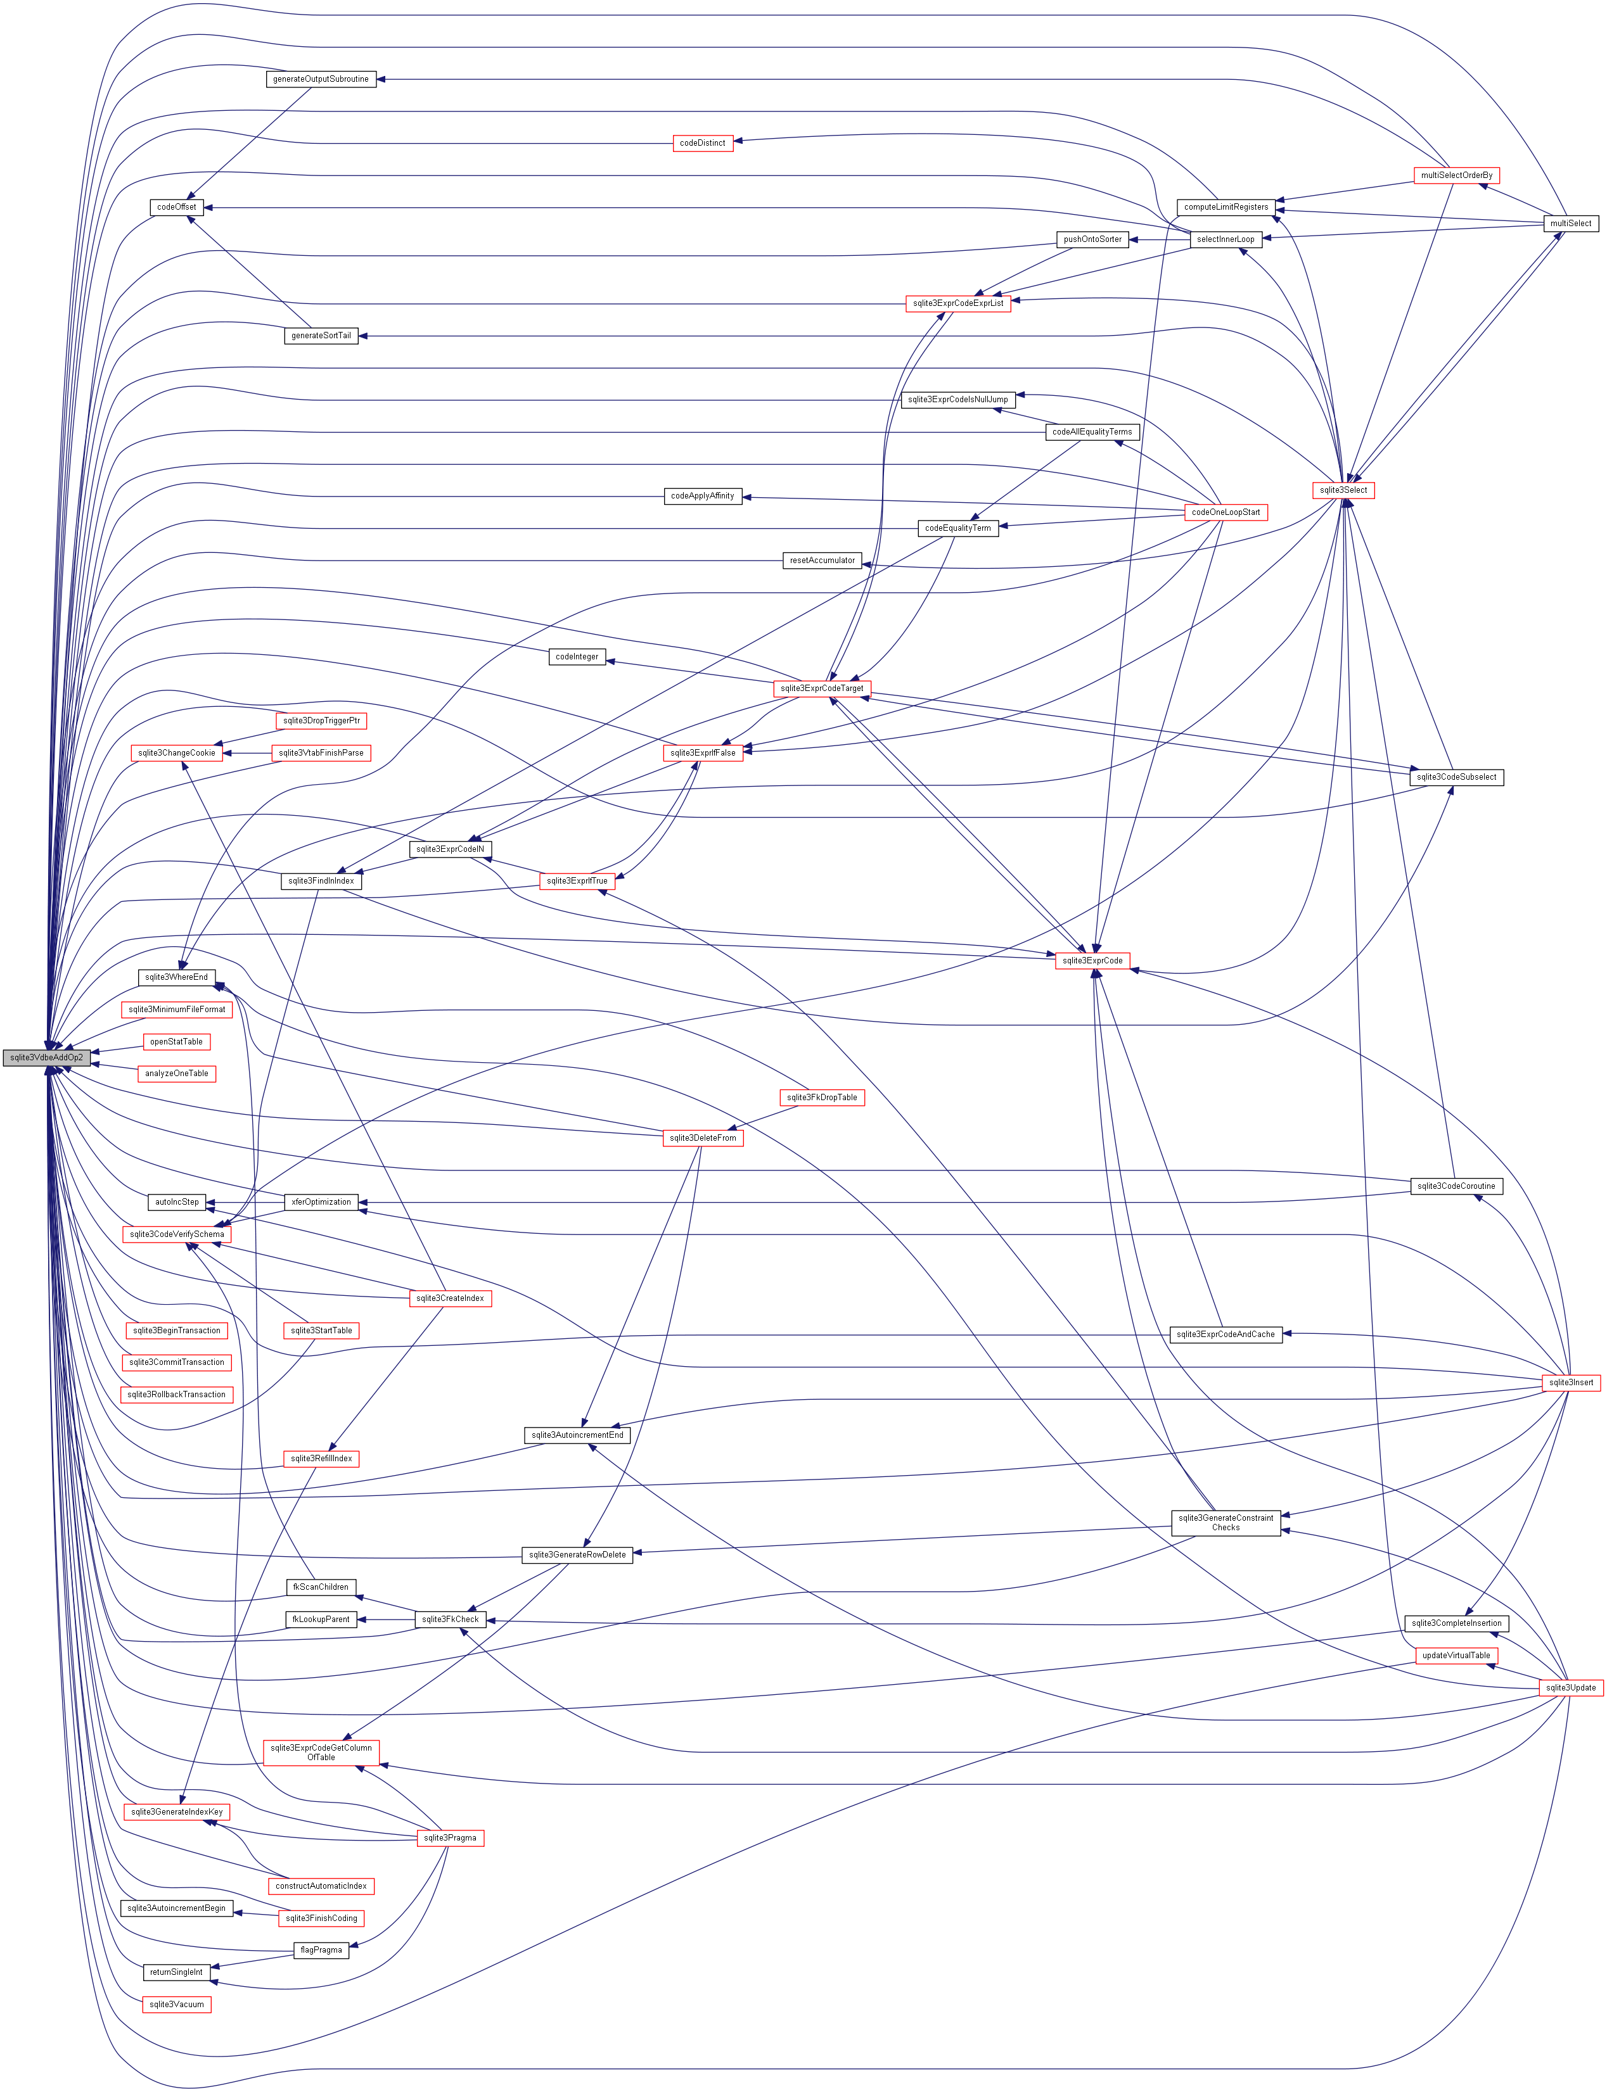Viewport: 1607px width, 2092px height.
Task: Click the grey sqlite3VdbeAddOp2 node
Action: click(46, 1058)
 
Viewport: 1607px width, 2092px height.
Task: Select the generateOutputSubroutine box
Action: click(321, 79)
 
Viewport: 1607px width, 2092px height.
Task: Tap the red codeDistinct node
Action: click(702, 143)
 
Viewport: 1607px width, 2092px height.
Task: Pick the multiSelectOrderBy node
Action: click(1456, 176)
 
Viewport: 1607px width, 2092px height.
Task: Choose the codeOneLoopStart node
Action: click(1226, 512)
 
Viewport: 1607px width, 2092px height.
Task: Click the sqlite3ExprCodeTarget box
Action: click(822, 688)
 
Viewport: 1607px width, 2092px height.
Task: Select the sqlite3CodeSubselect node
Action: click(1456, 777)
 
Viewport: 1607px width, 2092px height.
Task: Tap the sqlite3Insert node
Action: click(1571, 1383)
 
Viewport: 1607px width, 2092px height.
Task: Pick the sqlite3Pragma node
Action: click(449, 1837)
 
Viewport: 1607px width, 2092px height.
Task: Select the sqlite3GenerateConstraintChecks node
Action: click(1226, 1522)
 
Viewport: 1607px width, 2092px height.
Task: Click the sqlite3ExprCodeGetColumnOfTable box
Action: click(321, 1753)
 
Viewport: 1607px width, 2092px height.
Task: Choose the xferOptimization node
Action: click(321, 1202)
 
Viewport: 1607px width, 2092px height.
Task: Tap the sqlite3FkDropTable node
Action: click(822, 1098)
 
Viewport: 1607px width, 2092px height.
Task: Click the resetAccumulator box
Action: click(822, 561)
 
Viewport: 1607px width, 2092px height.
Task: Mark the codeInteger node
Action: click(577, 657)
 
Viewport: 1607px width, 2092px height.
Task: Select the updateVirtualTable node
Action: click(1456, 1655)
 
